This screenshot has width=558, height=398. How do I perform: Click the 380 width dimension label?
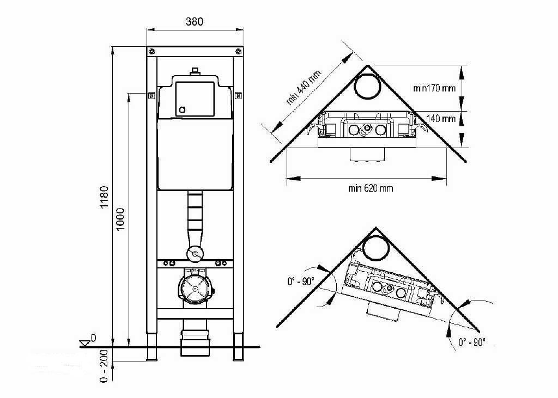tap(194, 22)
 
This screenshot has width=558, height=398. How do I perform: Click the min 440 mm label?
tap(304, 88)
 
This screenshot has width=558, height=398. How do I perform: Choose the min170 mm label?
tap(434, 88)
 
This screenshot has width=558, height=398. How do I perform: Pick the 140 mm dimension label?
tap(441, 118)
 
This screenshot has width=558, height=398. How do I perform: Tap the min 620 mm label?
tap(371, 188)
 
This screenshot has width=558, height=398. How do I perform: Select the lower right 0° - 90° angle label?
tap(472, 342)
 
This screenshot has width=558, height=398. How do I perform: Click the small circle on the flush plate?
tap(182, 109)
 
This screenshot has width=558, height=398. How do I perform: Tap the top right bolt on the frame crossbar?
tap(239, 51)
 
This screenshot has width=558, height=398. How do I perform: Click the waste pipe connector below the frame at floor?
tap(195, 341)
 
